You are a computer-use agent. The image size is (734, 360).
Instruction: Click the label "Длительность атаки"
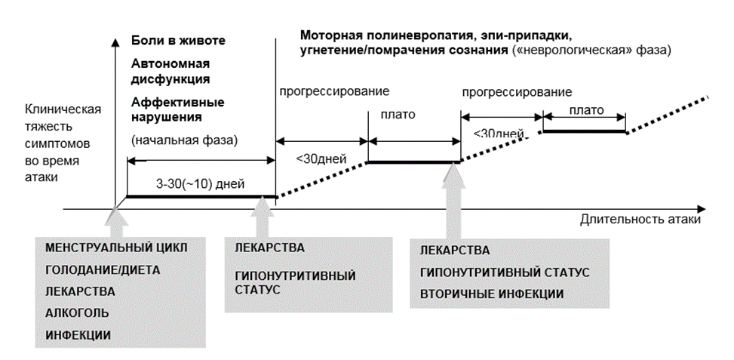coord(640,219)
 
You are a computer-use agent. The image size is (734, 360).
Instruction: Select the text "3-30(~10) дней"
coord(200,183)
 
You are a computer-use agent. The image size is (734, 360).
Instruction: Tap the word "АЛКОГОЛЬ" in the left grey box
coord(77,313)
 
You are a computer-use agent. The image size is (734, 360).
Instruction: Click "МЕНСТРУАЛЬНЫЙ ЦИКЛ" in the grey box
coord(116,248)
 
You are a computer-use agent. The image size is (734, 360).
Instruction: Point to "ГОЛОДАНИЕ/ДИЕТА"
coord(103,269)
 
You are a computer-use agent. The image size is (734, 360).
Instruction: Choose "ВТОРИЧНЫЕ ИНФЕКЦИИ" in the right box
coord(492,294)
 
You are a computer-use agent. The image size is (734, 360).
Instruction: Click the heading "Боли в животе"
coord(178,40)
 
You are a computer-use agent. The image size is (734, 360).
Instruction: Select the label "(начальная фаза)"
coord(184,140)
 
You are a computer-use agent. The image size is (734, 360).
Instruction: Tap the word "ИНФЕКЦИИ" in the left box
coord(78,335)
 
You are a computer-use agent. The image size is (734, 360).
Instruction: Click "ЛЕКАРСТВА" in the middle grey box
coord(269,248)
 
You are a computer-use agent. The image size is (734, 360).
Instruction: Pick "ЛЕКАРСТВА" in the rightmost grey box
coord(455,251)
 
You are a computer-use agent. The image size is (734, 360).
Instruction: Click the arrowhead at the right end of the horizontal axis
coord(701,209)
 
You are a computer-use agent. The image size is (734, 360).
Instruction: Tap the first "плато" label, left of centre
coord(398,114)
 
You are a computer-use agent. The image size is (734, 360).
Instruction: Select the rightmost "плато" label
coord(587,110)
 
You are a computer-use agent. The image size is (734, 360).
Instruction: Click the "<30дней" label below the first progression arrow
coord(321,158)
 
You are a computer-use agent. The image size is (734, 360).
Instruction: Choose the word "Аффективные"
coord(177,102)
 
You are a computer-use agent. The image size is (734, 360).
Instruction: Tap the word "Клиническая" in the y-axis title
coord(63,109)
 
